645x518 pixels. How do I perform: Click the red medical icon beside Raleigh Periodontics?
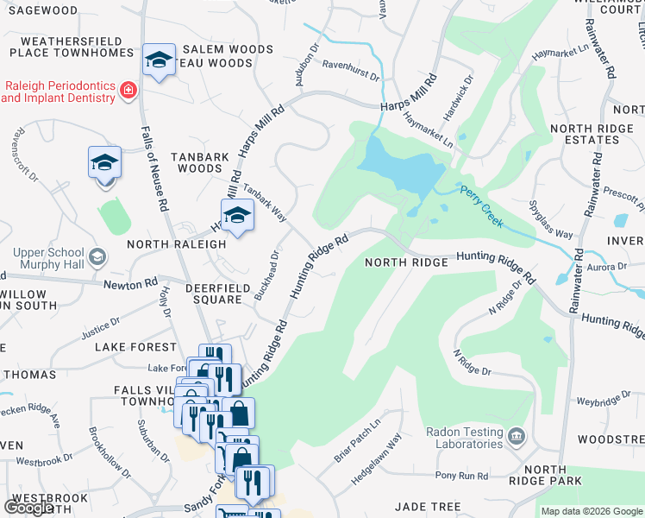[x=128, y=90]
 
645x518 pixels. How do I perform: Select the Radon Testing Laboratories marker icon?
[x=516, y=434]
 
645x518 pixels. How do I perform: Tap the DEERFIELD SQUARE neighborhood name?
[x=215, y=293]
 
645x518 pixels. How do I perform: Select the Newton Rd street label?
[x=130, y=283]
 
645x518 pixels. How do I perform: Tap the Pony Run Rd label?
[x=461, y=476]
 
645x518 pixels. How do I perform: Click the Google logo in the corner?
[x=28, y=508]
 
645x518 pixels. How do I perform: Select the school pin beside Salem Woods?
[x=159, y=60]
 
